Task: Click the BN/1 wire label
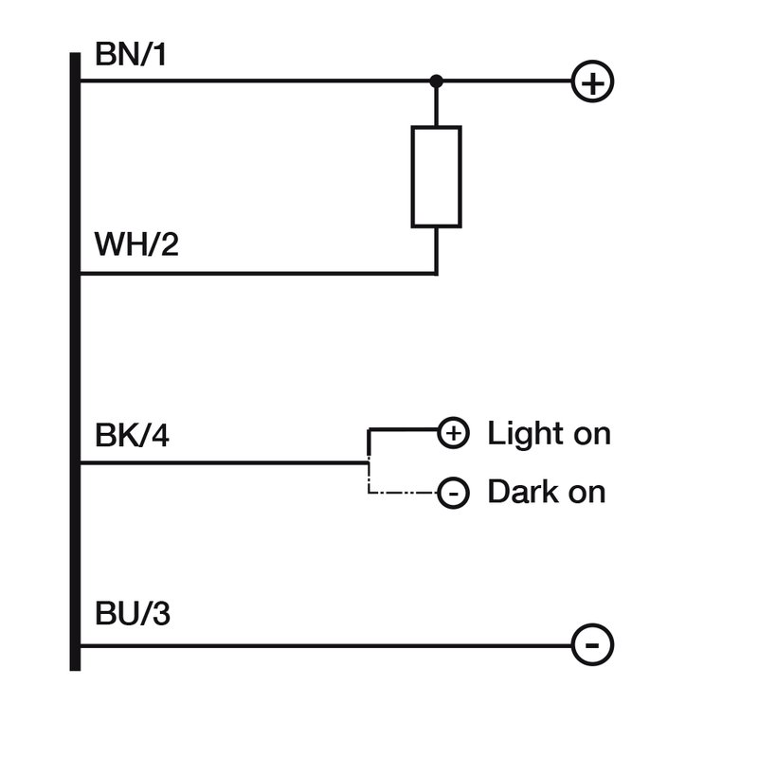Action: (x=131, y=55)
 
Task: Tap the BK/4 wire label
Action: (x=134, y=437)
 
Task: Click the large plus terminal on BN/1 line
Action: (x=592, y=83)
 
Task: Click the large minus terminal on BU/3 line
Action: (x=592, y=646)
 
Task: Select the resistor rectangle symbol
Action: (x=436, y=177)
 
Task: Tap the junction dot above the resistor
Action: (x=436, y=81)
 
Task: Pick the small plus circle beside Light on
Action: (x=453, y=434)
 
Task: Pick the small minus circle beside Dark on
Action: (x=453, y=493)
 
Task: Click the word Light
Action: (x=526, y=434)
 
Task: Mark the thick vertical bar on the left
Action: (x=75, y=360)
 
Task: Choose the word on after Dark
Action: (x=587, y=493)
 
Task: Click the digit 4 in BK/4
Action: (x=162, y=437)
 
